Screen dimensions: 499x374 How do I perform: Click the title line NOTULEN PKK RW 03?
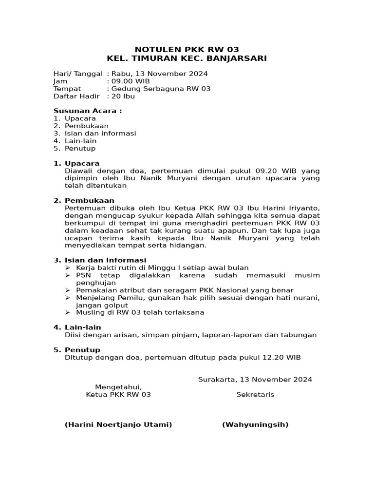(x=187, y=49)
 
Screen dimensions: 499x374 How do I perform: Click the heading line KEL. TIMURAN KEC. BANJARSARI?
(x=187, y=58)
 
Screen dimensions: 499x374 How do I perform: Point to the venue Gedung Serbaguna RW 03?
(x=161, y=89)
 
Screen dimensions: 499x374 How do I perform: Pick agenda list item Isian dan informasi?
(x=100, y=134)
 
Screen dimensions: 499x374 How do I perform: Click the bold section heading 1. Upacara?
(x=76, y=163)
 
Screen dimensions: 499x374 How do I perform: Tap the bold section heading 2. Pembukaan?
(x=84, y=200)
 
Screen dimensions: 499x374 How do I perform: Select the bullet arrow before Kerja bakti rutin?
(x=68, y=268)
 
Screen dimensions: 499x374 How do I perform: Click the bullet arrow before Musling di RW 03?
(x=68, y=312)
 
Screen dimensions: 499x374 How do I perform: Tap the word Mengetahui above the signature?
(x=118, y=387)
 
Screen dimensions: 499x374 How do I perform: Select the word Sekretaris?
(x=255, y=395)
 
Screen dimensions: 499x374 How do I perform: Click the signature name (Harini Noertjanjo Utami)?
(x=118, y=424)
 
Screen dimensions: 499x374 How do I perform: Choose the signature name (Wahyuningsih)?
(x=255, y=424)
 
